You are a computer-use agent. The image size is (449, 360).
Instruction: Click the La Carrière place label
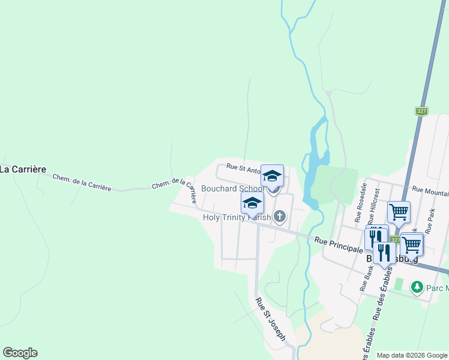pos(23,169)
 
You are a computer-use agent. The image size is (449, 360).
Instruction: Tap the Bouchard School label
pos(231,188)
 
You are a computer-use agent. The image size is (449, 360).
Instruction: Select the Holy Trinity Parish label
pos(237,217)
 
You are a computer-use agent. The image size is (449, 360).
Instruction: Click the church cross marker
pos(280,216)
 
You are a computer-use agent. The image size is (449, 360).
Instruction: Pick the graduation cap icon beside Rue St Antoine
pos(272,176)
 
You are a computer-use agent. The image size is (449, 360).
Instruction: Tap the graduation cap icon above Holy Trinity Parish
pos(252,202)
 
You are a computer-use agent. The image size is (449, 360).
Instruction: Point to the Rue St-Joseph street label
pos(270,319)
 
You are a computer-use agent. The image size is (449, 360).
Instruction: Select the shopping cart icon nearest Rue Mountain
pos(399,211)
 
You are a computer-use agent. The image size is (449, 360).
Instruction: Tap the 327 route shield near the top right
pos(421,111)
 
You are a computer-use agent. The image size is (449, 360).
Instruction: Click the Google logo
pos(20,353)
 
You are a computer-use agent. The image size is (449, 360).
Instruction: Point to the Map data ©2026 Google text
pos(411,355)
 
